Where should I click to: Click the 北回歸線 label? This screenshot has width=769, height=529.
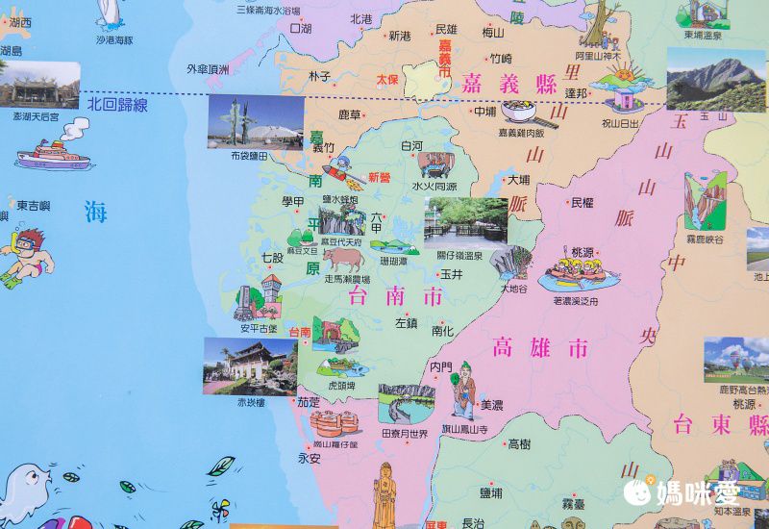coord(117,104)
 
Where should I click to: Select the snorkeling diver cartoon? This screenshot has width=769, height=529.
coord(26,256)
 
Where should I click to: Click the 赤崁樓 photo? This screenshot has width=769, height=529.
coord(249,365)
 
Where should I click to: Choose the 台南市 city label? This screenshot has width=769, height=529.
coord(397,295)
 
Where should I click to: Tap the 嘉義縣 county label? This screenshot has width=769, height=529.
coord(509,83)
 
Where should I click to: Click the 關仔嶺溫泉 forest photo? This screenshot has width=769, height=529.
coord(465,220)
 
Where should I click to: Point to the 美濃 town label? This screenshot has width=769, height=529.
coord(492,404)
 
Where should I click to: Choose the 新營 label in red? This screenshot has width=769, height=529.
coord(381,178)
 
